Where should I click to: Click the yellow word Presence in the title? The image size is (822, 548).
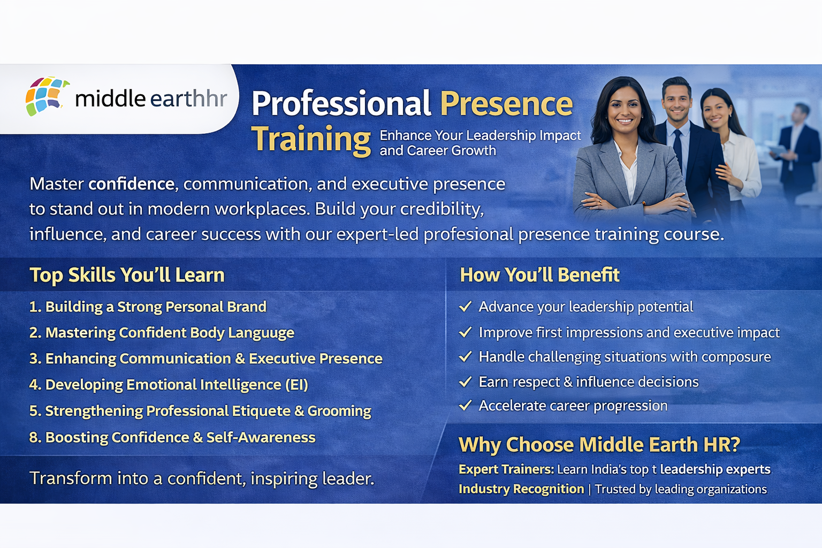pos(506,104)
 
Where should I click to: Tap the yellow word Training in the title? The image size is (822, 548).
pos(311,139)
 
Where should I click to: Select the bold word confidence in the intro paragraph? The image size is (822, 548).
pos(132,184)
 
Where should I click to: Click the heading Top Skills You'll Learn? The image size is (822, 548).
pos(127,275)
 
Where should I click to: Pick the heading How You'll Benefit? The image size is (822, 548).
pos(539,275)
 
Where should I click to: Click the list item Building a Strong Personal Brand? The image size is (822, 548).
pos(156,307)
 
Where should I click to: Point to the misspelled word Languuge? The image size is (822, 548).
pos(261,333)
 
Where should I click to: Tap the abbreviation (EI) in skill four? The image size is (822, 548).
pos(296,385)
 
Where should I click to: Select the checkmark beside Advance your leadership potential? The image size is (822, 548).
pos(465,307)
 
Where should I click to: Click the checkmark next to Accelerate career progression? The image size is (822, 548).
pos(465,406)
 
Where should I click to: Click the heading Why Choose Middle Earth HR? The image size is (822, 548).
pos(599,445)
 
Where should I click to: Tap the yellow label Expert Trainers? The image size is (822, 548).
pos(506,469)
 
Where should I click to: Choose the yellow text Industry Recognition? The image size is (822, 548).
pos(521,489)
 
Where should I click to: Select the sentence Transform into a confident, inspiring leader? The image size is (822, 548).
pos(202,478)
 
